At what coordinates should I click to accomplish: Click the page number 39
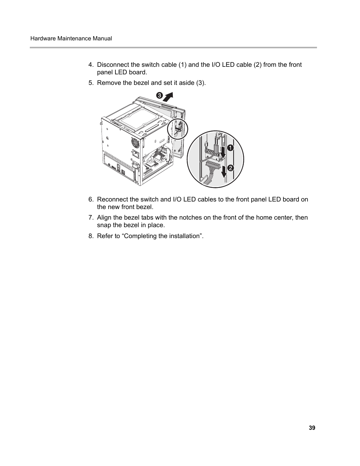[x=312, y=428]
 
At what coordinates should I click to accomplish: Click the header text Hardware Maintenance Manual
[x=71, y=38]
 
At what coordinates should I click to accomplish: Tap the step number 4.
[x=91, y=65]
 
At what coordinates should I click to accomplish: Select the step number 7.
[x=91, y=217]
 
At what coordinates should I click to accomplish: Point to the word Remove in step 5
[x=109, y=83]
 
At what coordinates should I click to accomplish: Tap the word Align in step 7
[x=105, y=217]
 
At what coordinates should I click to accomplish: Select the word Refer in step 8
[x=105, y=236]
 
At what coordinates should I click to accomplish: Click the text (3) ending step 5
[x=200, y=83]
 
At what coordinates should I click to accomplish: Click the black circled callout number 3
[x=159, y=96]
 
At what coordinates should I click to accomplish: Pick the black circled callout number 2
[x=230, y=168]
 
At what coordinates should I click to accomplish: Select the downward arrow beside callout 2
[x=224, y=171]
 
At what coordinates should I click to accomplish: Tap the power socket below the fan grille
[x=135, y=154]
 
